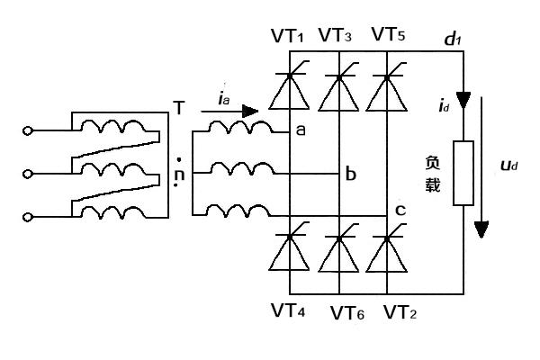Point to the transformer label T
179,109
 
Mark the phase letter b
351,174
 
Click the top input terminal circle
28,131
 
